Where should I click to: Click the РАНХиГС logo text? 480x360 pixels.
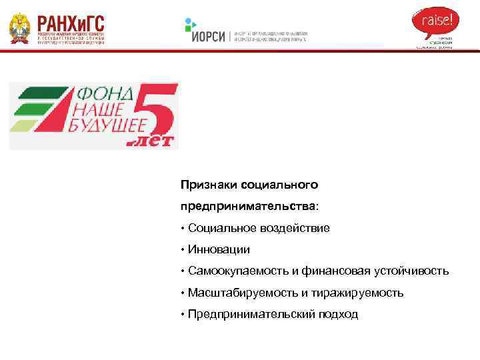click(71, 21)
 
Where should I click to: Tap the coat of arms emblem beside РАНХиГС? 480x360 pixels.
click(19, 29)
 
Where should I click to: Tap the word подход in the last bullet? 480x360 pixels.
click(338, 313)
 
